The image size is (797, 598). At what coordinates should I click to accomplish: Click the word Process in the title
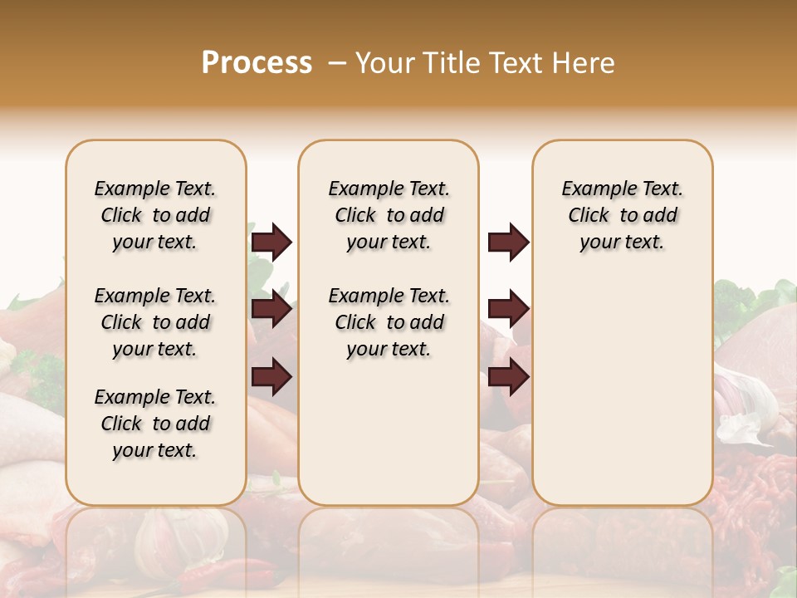[x=257, y=63]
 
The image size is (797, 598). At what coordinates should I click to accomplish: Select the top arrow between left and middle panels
[x=271, y=242]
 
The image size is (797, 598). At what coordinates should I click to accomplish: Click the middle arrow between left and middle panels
[x=271, y=310]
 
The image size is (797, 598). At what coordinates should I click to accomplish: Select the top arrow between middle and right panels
[x=508, y=242]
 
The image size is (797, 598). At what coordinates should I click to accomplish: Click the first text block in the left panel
[x=155, y=215]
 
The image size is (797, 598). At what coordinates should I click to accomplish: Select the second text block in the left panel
[x=155, y=322]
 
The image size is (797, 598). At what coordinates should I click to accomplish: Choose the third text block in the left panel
[x=155, y=424]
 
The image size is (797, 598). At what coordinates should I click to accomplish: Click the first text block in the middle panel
[x=389, y=215]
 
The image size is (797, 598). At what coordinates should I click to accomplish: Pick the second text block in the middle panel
[x=389, y=322]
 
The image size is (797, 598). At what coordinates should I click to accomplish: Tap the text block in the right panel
[x=622, y=215]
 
